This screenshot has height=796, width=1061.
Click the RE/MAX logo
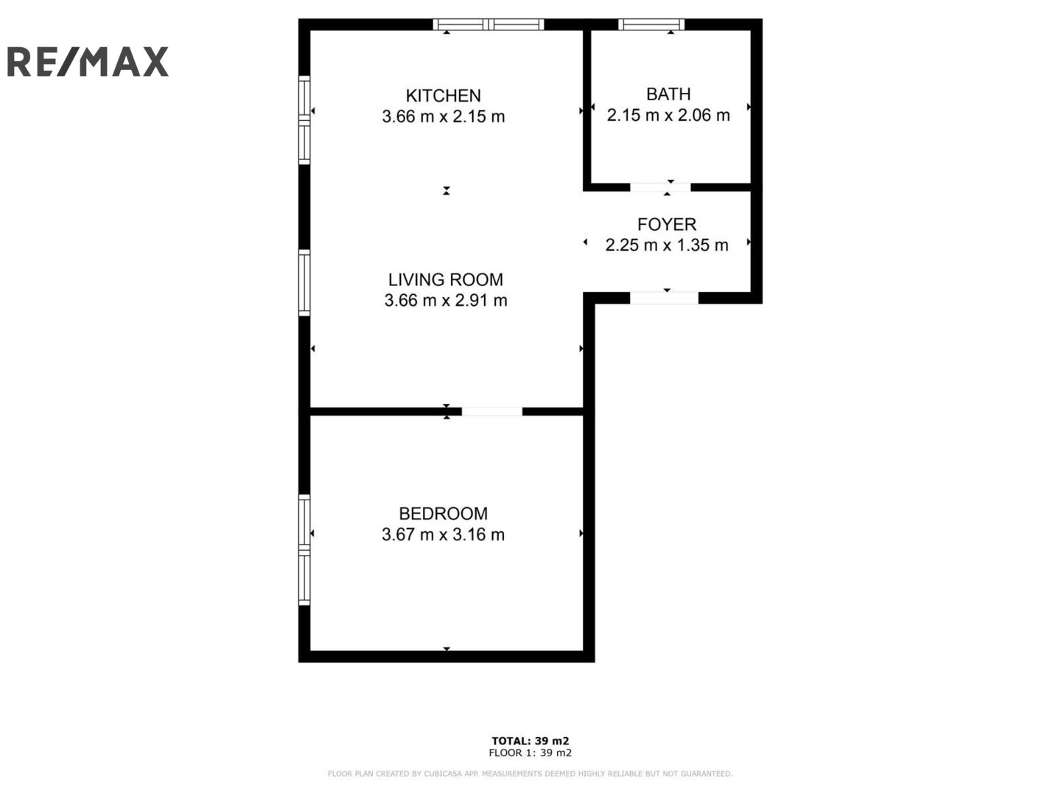point(88,62)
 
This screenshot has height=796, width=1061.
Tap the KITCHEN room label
point(444,96)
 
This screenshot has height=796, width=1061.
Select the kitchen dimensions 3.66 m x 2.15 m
point(444,116)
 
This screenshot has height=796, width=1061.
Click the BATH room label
point(668,94)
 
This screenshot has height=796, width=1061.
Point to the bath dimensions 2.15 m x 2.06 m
point(668,115)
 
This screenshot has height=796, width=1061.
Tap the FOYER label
point(667,224)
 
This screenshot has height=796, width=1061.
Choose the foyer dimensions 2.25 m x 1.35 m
point(667,245)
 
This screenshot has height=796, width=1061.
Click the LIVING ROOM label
point(445,279)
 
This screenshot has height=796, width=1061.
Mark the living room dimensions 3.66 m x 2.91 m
point(445,300)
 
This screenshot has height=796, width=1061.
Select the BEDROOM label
point(443,513)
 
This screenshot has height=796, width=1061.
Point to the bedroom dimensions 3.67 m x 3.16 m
point(443,534)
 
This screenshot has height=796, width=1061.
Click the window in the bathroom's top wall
point(651,24)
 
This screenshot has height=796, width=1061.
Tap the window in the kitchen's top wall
point(489,24)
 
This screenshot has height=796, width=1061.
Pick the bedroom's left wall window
point(304,550)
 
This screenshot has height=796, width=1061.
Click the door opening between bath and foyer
point(660,187)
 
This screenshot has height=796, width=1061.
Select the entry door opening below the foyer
point(664,298)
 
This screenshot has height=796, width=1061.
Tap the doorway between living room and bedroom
point(492,411)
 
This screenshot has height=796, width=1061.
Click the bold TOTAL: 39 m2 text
point(530,741)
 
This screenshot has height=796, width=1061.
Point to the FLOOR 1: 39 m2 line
point(530,753)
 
